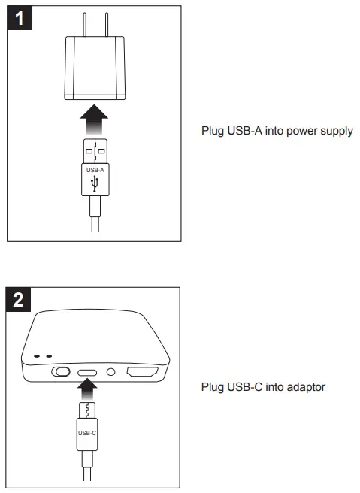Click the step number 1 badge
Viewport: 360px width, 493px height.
[21, 20]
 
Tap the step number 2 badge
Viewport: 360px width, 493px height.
[21, 301]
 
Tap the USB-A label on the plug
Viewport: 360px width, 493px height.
[95, 170]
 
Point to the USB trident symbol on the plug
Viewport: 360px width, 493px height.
[95, 183]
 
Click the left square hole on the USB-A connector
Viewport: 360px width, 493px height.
[89, 151]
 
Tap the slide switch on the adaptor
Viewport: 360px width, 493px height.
[61, 371]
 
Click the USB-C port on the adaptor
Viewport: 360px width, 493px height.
[89, 371]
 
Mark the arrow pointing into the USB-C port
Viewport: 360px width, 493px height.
[89, 390]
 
